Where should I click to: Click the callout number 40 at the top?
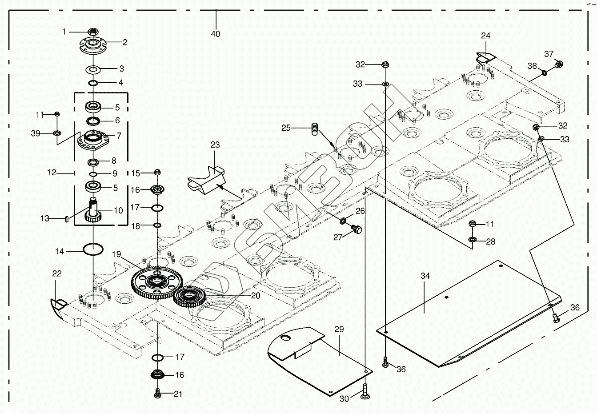(x=216, y=34)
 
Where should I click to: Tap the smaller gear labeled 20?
(x=190, y=295)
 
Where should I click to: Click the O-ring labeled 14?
(x=93, y=249)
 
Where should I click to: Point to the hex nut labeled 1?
(x=93, y=32)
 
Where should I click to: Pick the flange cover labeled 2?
(x=93, y=45)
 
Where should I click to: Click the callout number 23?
(x=215, y=145)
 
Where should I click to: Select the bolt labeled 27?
(x=357, y=229)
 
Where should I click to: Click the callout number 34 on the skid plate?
(x=425, y=276)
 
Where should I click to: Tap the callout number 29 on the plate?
(x=339, y=329)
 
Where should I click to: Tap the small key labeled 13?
(x=66, y=218)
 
